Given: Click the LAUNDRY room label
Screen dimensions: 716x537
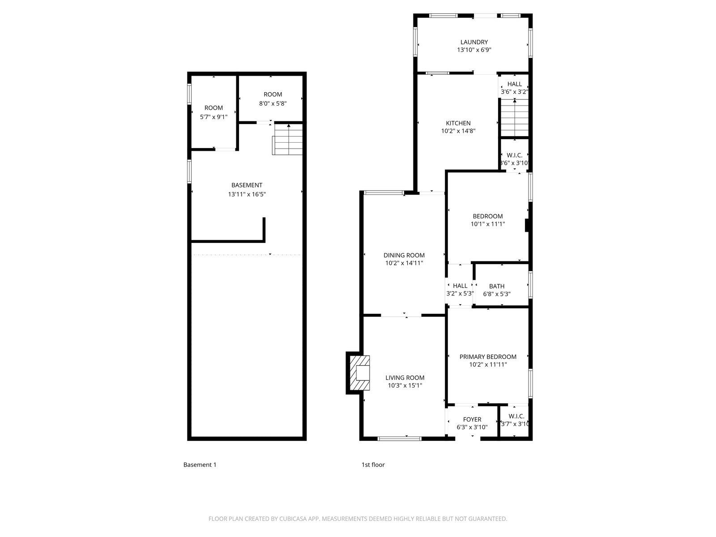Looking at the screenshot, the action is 474,42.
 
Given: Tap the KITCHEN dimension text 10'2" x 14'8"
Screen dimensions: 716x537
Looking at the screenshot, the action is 458,131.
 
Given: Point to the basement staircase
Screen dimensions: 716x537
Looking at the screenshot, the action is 287,139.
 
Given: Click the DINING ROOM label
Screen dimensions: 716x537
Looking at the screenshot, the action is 404,255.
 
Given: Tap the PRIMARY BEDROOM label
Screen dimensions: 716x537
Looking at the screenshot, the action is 488,357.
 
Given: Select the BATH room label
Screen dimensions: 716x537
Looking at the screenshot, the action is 496,286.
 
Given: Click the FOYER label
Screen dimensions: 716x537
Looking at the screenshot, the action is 472,419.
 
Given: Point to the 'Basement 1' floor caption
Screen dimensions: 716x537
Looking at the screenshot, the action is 200,465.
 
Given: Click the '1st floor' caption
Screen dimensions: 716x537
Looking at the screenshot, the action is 373,465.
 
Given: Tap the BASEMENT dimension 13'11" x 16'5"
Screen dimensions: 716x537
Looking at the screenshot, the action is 247,194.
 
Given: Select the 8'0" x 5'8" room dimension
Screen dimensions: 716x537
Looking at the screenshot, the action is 273,104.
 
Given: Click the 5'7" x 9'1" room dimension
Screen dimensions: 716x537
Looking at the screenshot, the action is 213,117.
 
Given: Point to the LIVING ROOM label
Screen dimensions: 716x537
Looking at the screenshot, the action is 405,378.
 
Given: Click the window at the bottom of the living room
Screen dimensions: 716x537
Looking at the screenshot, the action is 399,439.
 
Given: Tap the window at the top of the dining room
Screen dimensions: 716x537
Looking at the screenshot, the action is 384,192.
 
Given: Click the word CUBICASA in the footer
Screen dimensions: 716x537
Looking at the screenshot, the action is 293,519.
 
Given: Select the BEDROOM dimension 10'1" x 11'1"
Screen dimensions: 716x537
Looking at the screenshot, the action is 488,224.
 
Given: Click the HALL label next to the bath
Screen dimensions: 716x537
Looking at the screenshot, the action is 460,286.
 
